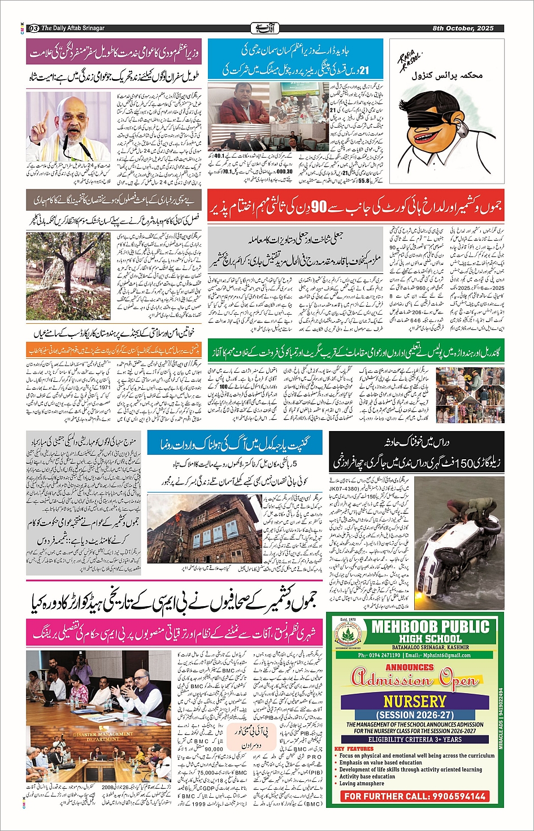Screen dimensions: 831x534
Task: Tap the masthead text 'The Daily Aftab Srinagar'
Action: click(73, 28)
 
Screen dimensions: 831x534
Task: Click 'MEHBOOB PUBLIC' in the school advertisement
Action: click(430, 626)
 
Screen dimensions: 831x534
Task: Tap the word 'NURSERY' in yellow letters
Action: click(414, 701)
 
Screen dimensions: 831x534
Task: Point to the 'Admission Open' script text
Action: click(415, 678)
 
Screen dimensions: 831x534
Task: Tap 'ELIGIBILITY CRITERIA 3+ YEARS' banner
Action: click(415, 739)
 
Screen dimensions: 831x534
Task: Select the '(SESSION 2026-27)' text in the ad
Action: click(414, 715)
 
